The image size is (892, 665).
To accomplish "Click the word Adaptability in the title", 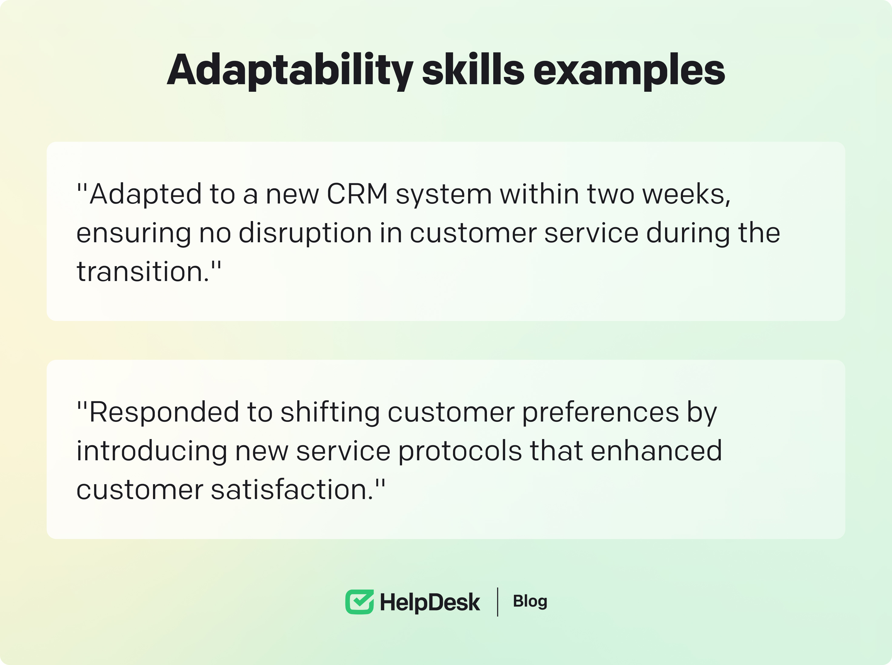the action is pos(290,71).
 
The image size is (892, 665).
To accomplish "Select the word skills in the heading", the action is pos(473,69).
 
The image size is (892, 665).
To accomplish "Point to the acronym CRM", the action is pos(357,194).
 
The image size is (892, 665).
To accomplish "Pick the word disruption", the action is pos(305,233).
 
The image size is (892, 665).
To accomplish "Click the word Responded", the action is pos(164,412).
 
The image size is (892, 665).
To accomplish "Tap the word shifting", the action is pos(330,413).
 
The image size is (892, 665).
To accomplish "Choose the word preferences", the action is pos(601,413).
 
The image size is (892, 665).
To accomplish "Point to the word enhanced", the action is pos(656,450).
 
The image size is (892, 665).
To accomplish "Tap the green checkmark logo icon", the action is pos(359,602).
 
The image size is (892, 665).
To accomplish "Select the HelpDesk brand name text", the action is pos(430,603).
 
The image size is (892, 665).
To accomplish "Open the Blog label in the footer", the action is pos(530,601).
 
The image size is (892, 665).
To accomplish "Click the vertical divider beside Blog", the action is pos(498,602).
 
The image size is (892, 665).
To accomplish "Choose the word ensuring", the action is pos(134,233).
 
